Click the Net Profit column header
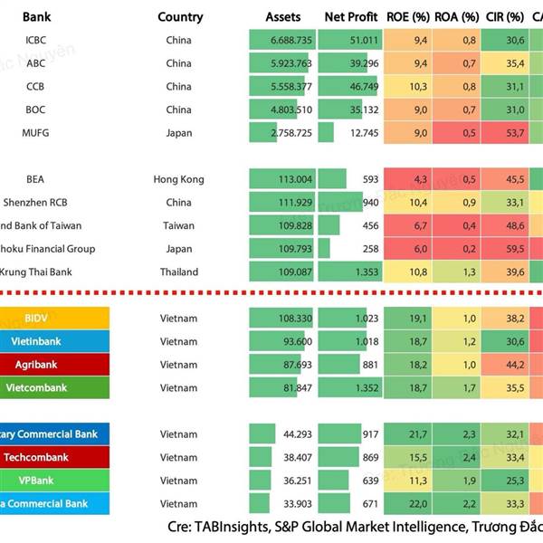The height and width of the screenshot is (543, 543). tap(351, 17)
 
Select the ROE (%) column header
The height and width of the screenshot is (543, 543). tap(407, 17)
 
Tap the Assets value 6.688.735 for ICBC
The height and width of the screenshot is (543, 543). tap(291, 41)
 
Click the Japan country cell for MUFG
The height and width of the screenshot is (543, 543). tap(179, 133)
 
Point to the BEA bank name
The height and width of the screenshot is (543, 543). tap(35, 179)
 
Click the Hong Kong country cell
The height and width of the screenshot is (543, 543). tap(179, 179)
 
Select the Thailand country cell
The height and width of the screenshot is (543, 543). tap(179, 271)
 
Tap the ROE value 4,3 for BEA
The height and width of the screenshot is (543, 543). tap(420, 179)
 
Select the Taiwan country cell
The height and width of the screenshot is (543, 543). tap(179, 225)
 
